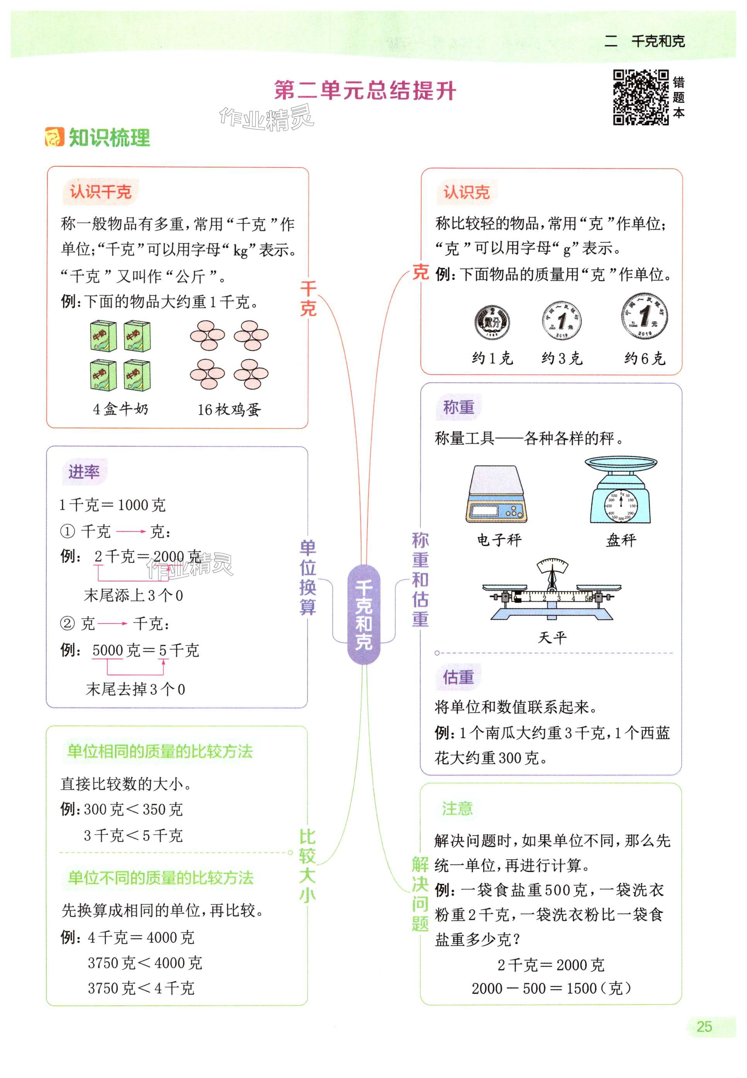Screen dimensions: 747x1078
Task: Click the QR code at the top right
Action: click(641, 97)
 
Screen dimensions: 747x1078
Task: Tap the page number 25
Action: click(704, 1027)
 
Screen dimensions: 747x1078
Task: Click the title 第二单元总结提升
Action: click(365, 90)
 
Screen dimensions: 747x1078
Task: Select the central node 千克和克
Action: click(364, 615)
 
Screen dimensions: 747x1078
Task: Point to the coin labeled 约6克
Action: click(644, 316)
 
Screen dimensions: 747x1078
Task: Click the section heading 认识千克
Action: click(101, 192)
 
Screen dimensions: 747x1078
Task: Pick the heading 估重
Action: click(458, 677)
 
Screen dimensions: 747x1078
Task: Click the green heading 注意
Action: click(457, 808)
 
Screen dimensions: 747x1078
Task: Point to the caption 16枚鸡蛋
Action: click(229, 410)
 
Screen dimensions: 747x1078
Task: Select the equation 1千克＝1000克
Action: click(112, 505)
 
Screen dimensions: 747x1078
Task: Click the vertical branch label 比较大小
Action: click(307, 866)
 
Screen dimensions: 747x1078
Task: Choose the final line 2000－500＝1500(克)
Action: click(551, 988)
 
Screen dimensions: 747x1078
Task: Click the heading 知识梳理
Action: click(109, 138)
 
